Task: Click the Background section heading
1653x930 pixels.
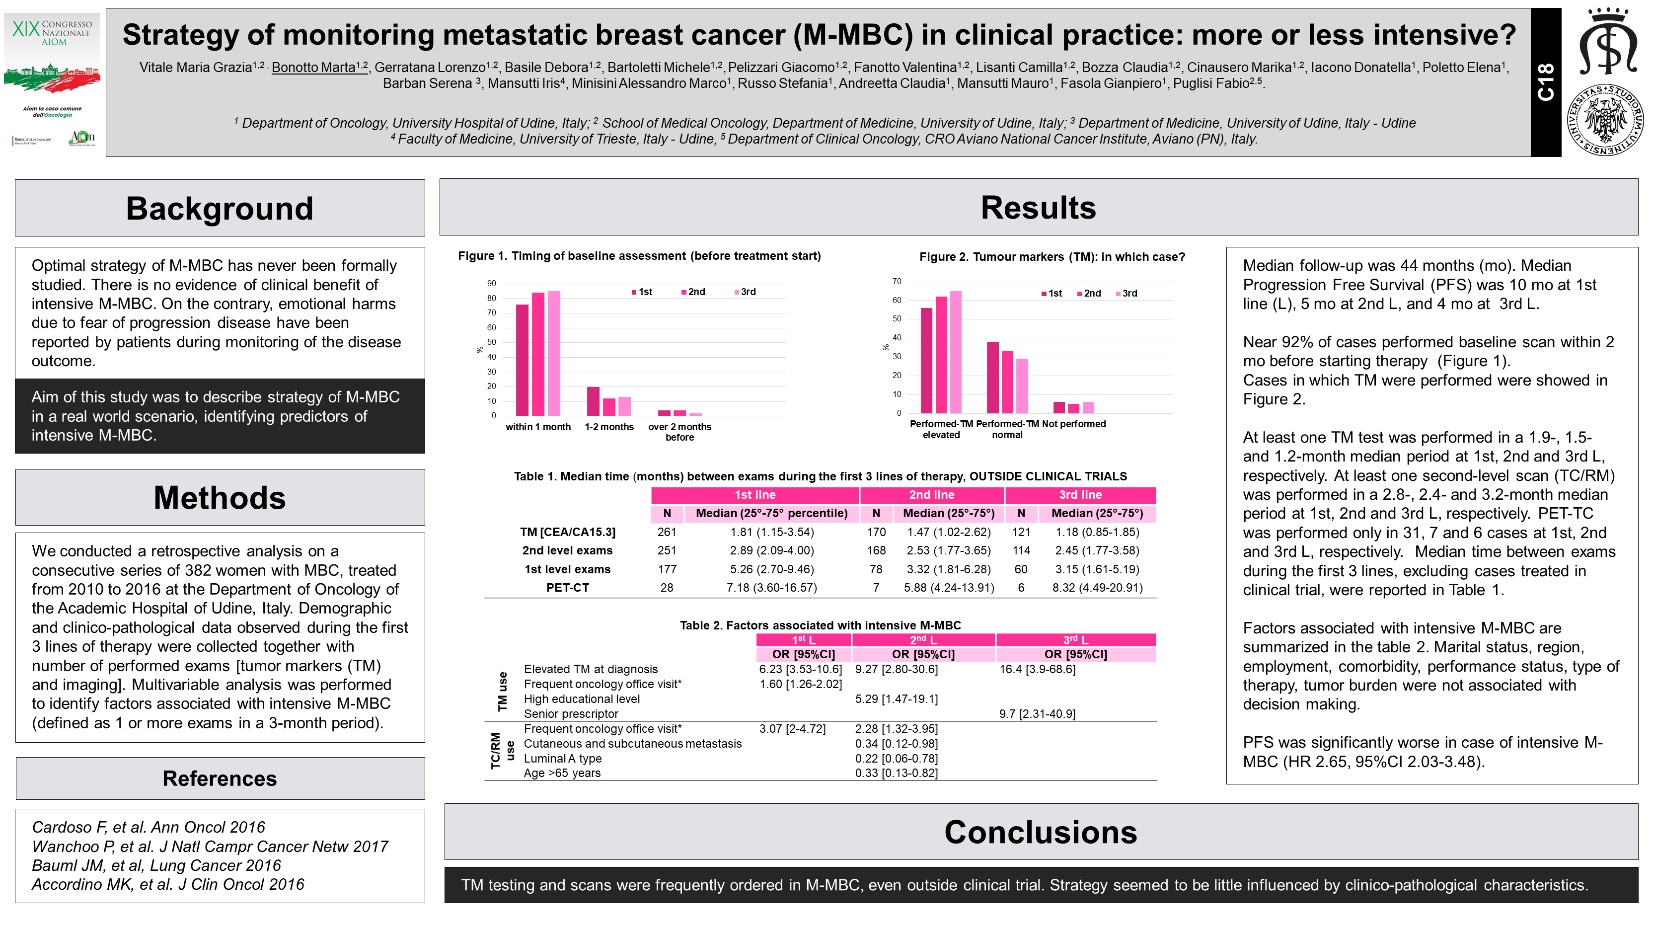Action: pyautogui.click(x=220, y=209)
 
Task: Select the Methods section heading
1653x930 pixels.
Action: pyautogui.click(x=220, y=498)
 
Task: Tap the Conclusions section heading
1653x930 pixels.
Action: pyautogui.click(x=1040, y=833)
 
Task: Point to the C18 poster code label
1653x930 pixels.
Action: pyautogui.click(x=1545, y=82)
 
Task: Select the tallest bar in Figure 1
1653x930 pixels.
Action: pyautogui.click(x=554, y=353)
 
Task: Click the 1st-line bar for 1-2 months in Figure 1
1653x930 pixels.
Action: pyautogui.click(x=593, y=401)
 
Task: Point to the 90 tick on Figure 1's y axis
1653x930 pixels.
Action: pyautogui.click(x=492, y=284)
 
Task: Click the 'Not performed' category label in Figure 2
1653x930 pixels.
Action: pyautogui.click(x=1073, y=424)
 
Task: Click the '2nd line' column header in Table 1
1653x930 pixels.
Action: pyautogui.click(x=931, y=495)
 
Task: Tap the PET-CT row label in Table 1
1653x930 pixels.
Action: pyautogui.click(x=567, y=588)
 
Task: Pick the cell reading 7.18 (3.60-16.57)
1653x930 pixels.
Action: pyautogui.click(x=771, y=588)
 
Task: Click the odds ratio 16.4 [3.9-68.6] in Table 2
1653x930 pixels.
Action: pyautogui.click(x=1037, y=669)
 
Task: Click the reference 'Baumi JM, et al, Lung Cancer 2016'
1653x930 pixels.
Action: pyautogui.click(x=156, y=865)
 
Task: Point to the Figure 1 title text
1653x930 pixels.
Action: pyautogui.click(x=639, y=256)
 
